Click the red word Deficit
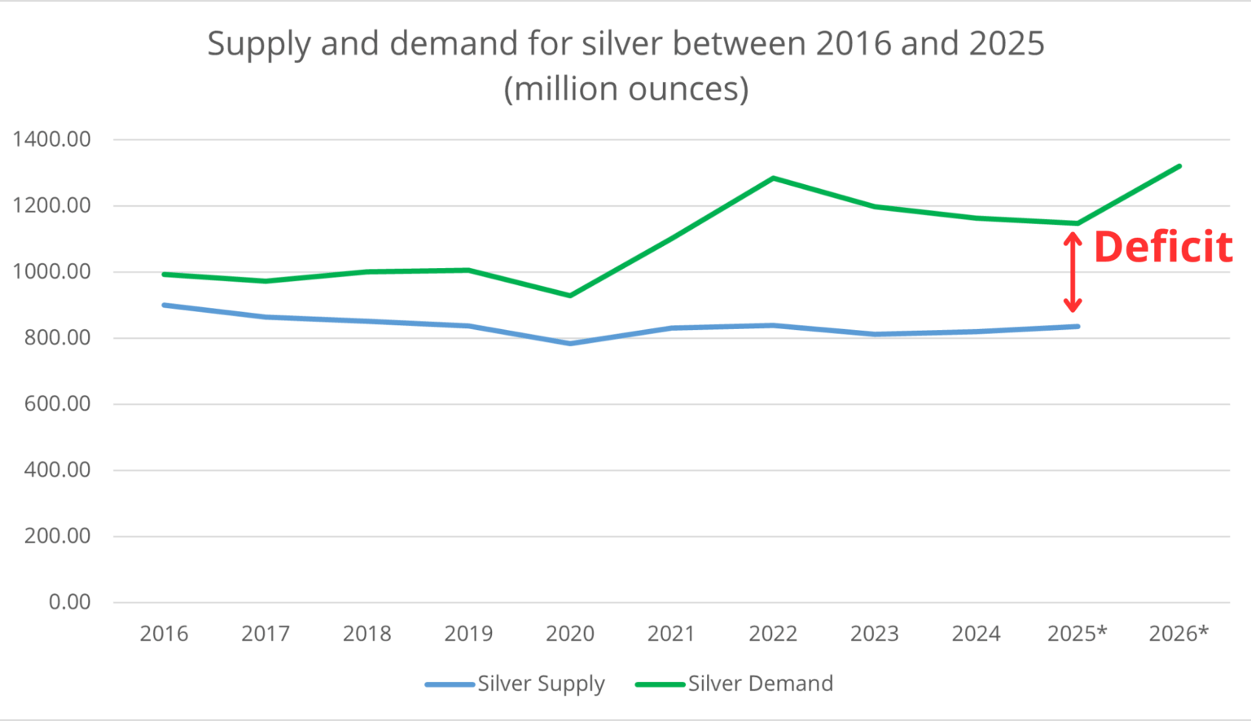point(1162,247)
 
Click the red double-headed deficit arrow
point(1073,272)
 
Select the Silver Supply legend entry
point(515,684)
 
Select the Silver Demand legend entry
point(734,684)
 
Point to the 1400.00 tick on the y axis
point(51,139)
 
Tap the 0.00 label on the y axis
point(69,602)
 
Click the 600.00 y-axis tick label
point(57,404)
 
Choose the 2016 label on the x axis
point(164,634)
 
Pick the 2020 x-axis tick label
point(569,634)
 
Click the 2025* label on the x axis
point(1077,634)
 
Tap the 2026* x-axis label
point(1178,634)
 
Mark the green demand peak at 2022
point(773,178)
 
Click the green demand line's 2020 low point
point(570,296)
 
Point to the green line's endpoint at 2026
point(1179,166)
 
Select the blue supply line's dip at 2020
point(570,344)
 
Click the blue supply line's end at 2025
point(1078,327)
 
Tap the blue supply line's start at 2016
point(165,305)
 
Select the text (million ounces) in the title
point(625,89)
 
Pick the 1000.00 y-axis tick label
point(51,271)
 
